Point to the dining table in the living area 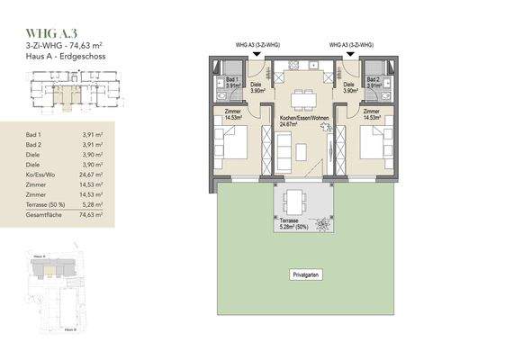[302, 98]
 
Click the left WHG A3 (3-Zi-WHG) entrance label [255, 43]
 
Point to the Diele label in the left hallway [256, 85]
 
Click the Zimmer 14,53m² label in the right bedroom [372, 115]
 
